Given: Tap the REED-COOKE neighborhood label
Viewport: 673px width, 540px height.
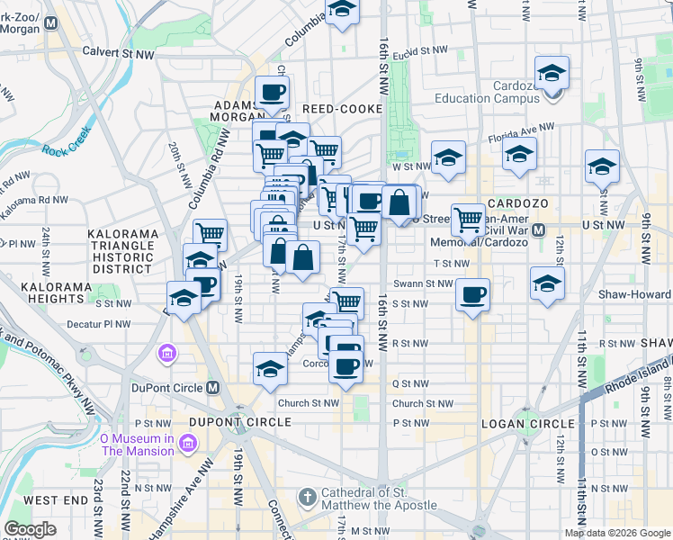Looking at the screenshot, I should [348, 109].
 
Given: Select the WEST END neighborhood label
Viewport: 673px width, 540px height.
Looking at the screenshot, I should [56, 499].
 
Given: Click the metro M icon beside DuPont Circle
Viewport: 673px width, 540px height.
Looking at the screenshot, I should [212, 388].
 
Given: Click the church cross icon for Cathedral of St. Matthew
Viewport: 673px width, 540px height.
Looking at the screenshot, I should [308, 497].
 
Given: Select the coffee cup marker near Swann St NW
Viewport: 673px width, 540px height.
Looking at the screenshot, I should [472, 293].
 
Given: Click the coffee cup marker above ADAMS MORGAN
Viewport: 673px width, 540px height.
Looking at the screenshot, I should [272, 90].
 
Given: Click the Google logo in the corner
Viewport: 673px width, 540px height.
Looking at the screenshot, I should [30, 529].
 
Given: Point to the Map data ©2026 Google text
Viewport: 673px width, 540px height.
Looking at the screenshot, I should [617, 533].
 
